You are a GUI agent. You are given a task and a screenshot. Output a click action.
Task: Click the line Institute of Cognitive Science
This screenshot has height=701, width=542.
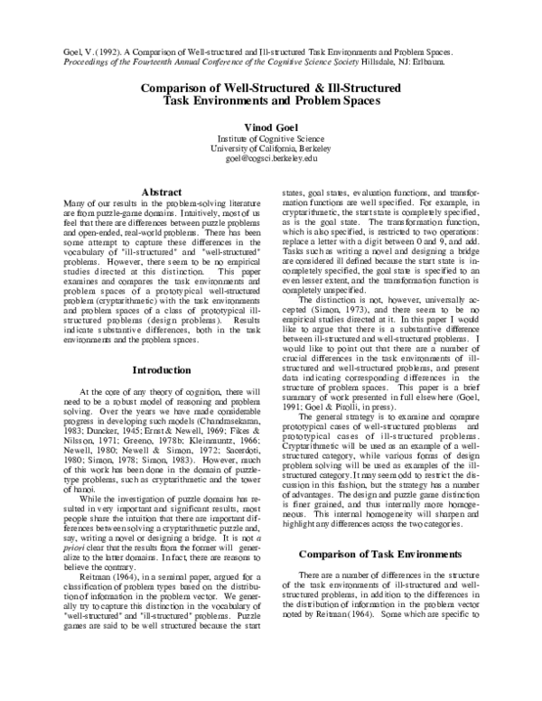pyautogui.click(x=271, y=139)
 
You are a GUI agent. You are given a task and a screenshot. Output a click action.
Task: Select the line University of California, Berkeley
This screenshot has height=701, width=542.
pyautogui.click(x=271, y=148)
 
